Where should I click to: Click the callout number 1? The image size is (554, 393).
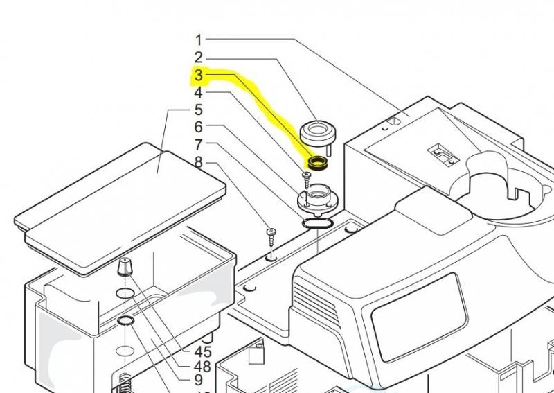198,40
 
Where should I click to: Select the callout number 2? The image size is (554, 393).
198,58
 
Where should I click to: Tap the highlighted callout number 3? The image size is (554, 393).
198,75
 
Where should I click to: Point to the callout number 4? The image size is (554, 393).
198,92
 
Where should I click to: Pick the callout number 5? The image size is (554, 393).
198,110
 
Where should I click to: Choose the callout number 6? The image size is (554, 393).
198,128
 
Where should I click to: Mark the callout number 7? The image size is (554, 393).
198,145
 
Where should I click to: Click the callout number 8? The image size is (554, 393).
198,162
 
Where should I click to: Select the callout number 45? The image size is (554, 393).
202,352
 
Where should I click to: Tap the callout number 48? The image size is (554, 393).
202,367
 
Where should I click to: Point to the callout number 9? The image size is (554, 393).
198,381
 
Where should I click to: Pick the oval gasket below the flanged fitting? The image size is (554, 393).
317,224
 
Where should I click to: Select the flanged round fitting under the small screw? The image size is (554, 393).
316,200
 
